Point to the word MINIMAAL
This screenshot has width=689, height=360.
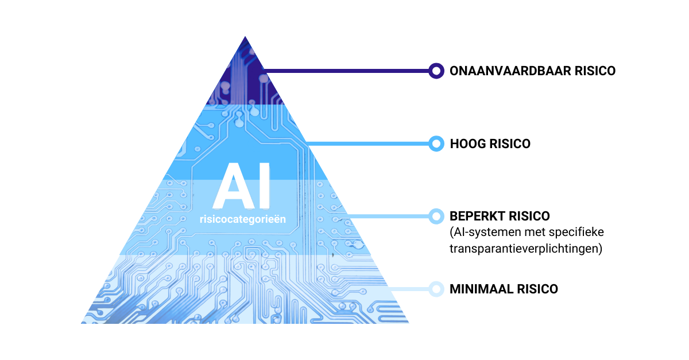(479, 289)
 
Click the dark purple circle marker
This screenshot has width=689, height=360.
(436, 71)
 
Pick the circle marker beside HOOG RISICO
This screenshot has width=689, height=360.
(436, 144)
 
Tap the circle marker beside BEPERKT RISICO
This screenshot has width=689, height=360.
(436, 216)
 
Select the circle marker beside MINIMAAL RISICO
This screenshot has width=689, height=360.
(436, 289)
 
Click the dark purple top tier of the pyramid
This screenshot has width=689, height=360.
(244, 80)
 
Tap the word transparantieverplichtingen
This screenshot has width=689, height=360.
(525, 249)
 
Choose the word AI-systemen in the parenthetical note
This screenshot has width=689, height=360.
(482, 233)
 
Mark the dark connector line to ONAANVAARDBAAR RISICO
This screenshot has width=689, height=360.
(344, 71)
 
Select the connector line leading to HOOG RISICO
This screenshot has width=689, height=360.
(367, 143)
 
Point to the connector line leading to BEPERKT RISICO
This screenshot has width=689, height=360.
(390, 216)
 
